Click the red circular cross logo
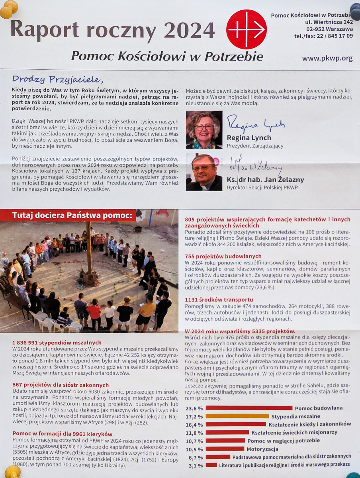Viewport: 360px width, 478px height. [247, 29]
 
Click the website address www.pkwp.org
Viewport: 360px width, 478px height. [327, 58]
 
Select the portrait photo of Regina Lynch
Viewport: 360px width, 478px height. [204, 130]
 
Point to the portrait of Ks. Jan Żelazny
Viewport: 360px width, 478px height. [204, 172]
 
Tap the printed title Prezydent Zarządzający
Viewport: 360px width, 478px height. [255, 146]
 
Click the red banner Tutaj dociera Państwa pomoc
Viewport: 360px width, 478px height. [72, 215]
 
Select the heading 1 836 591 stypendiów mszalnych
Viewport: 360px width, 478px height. [57, 343]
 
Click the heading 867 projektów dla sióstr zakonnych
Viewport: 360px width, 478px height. [61, 385]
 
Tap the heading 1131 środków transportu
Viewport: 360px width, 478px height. [219, 300]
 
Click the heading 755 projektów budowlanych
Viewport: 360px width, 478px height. [223, 256]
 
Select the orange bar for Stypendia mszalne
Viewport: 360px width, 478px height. [237, 416]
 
